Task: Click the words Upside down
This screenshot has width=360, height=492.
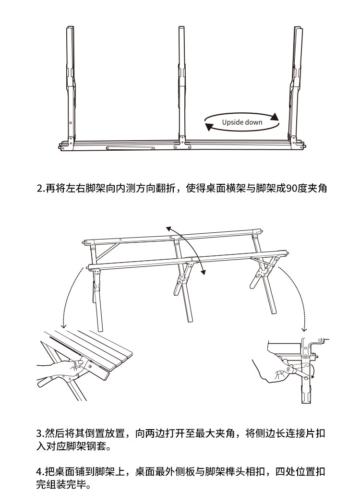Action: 242,122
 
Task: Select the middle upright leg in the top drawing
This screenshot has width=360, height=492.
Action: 182,82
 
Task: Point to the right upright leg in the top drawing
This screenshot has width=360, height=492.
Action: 296,82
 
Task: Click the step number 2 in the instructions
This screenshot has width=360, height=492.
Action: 39,189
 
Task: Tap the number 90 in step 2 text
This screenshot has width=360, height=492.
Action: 291,189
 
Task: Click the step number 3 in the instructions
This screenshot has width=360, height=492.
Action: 39,434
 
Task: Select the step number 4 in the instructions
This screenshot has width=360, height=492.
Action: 39,471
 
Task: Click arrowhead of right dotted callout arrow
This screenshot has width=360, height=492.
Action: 304,330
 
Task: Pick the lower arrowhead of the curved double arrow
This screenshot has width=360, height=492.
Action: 203,273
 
